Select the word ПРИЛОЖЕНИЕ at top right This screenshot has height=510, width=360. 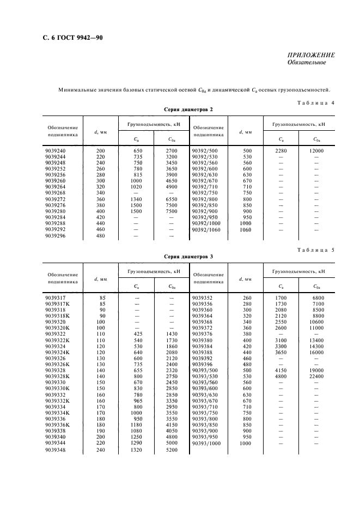tap(311, 55)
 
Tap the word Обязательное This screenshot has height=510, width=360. tap(307, 63)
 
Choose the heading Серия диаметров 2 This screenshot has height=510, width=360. tap(188, 110)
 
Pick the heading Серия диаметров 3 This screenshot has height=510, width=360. tap(188, 256)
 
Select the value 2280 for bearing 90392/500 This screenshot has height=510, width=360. tap(281, 150)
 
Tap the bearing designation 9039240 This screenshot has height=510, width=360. tap(56, 150)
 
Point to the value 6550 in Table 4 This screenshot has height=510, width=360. tap(172, 199)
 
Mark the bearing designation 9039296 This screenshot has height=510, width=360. tap(56, 236)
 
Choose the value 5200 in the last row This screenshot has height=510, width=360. tap(172, 451)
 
